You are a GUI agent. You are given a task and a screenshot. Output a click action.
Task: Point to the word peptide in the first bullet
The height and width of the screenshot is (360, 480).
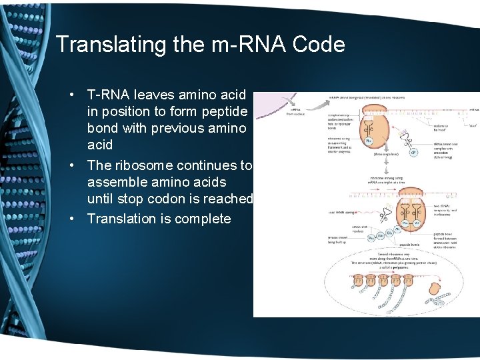point(224,112)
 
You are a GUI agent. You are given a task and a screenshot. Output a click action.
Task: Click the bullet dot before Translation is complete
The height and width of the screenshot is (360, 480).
point(79,219)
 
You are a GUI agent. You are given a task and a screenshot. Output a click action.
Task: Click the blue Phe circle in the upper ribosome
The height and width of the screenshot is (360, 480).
point(368,141)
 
